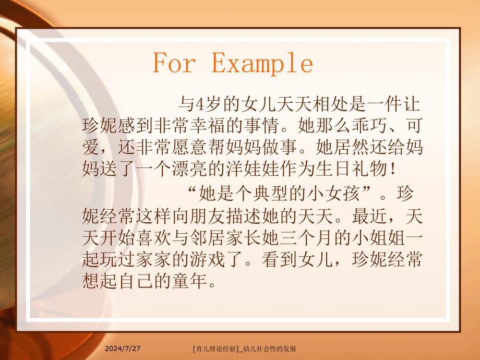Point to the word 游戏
click(x=230, y=260)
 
